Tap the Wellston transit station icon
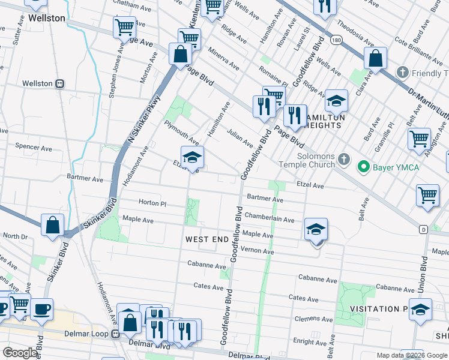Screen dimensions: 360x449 (x=59, y=84)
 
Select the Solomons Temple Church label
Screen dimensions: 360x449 (x=306, y=159)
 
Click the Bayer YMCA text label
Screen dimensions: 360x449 (x=397, y=167)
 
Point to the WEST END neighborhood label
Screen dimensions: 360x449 (x=206, y=239)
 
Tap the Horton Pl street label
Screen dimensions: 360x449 (x=152, y=203)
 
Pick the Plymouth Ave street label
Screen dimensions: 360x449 (x=181, y=131)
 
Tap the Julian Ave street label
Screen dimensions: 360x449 (x=240, y=137)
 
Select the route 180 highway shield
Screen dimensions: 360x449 (x=336, y=40)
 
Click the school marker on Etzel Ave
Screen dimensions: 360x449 (x=193, y=158)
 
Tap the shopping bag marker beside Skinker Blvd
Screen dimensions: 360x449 (x=53, y=226)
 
